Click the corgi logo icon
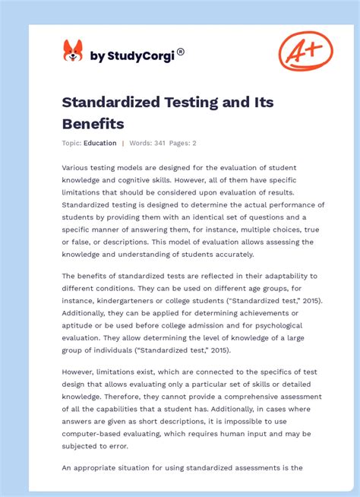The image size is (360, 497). click(72, 51)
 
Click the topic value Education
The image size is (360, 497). click(100, 143)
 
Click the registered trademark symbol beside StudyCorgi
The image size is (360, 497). click(181, 51)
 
